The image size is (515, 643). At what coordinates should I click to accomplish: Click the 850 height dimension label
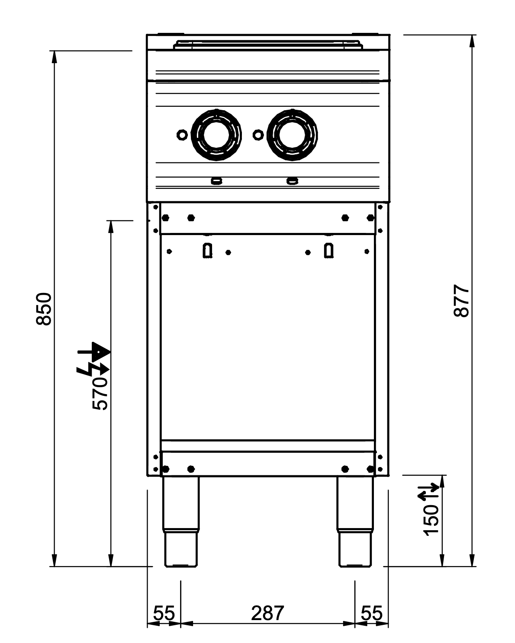[x=44, y=309]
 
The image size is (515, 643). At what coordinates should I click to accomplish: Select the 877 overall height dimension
[x=461, y=301]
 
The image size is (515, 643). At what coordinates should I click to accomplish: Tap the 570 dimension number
[x=100, y=394]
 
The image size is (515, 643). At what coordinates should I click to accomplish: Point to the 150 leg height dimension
[x=431, y=520]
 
